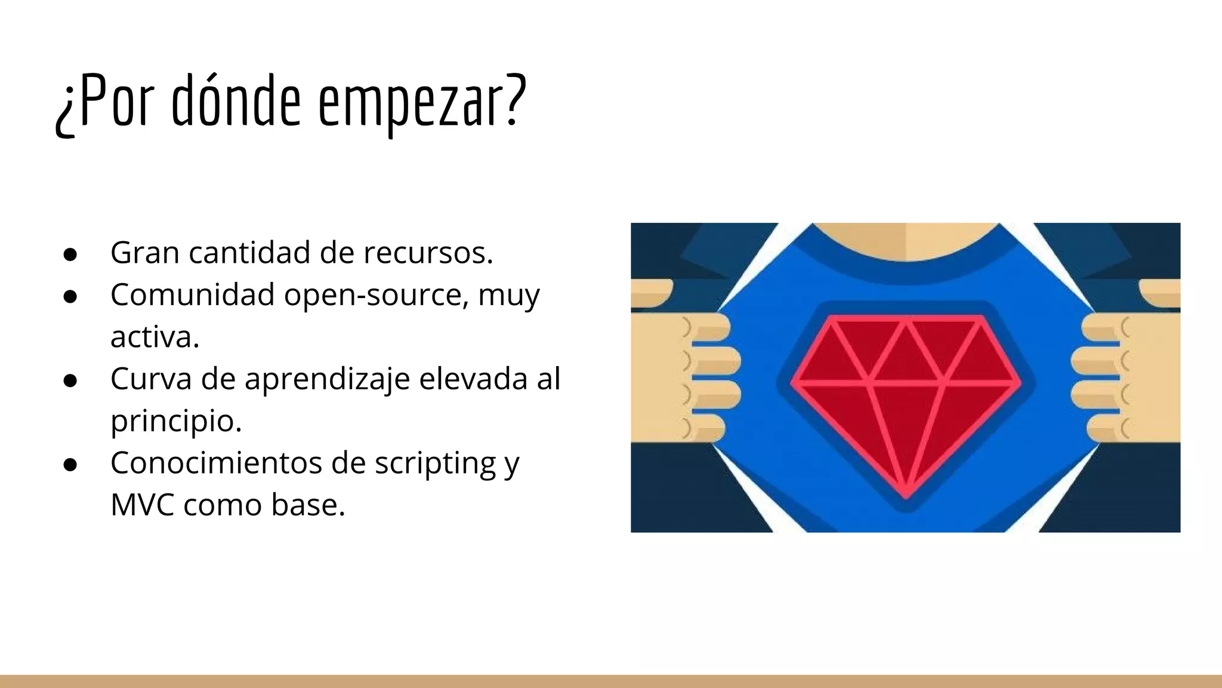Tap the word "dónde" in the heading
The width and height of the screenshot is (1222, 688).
click(236, 102)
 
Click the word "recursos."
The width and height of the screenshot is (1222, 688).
click(428, 253)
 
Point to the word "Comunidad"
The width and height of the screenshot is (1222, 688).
click(192, 294)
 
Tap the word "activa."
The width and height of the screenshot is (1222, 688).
click(155, 337)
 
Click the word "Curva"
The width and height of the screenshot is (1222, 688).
click(151, 379)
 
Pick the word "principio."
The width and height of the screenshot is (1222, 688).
click(176, 422)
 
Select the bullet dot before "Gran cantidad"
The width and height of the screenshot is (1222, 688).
click(70, 254)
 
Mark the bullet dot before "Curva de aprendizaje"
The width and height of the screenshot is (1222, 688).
click(70, 380)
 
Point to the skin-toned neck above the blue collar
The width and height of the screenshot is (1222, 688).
click(906, 239)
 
